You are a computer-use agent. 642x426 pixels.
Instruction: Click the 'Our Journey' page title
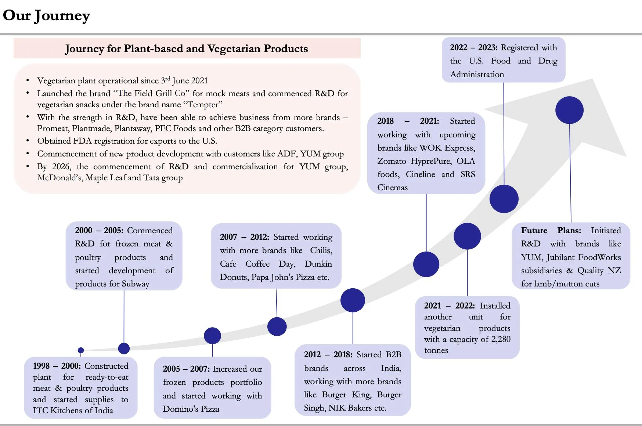click(46, 16)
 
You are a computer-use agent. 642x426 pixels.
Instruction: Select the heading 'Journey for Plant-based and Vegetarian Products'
click(187, 48)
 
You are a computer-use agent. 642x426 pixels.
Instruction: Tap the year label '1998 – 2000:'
click(57, 366)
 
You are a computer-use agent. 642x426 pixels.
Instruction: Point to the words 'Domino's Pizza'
click(191, 409)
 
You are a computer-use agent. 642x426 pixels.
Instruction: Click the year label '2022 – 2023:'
click(474, 48)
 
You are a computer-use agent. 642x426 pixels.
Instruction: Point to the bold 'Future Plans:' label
click(551, 231)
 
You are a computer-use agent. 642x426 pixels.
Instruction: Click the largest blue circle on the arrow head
click(569, 110)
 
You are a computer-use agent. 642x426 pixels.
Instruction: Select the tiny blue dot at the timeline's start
click(81, 350)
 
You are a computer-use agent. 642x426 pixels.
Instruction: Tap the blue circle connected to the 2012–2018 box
click(353, 300)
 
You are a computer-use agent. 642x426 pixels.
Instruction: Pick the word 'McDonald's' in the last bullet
click(59, 178)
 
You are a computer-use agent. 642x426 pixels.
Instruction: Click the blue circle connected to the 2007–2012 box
click(277, 326)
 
